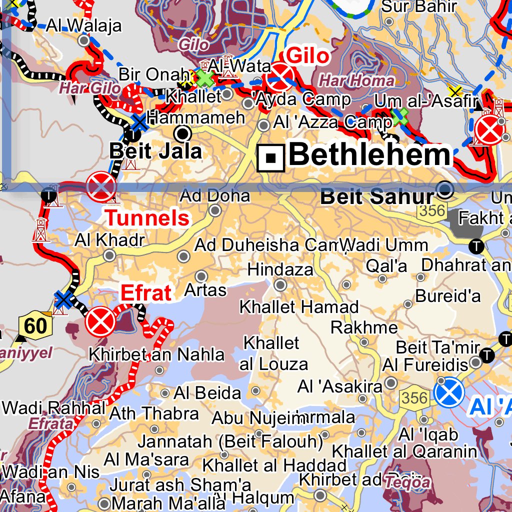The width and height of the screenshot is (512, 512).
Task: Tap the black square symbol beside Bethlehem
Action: (x=271, y=158)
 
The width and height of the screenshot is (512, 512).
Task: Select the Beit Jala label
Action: (x=155, y=151)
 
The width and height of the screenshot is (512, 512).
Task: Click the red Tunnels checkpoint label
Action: (x=148, y=218)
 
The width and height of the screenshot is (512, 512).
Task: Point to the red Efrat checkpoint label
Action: (x=146, y=293)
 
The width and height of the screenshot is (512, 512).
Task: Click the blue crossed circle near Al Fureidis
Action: (x=449, y=392)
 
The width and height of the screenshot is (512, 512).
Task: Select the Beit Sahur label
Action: (x=377, y=196)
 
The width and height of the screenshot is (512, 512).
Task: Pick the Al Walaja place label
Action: (x=84, y=25)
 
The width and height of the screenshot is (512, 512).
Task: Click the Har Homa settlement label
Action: (x=356, y=80)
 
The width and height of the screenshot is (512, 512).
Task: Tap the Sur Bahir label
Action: (x=419, y=6)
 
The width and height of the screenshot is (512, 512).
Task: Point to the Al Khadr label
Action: (x=109, y=240)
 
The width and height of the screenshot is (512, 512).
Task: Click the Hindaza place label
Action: (x=280, y=269)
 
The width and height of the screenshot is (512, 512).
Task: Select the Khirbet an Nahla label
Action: (x=156, y=354)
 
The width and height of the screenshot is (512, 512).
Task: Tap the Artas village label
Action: (x=205, y=289)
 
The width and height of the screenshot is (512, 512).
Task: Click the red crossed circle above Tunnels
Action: (x=101, y=186)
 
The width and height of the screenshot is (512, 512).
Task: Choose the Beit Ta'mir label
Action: (x=438, y=347)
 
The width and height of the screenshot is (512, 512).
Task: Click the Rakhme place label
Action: (x=364, y=327)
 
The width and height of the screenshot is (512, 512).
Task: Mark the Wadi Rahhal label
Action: (x=54, y=407)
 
